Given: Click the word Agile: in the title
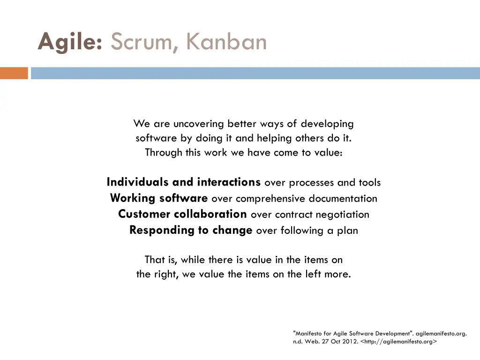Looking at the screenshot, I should pyautogui.click(x=70, y=42).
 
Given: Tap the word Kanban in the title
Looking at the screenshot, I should pyautogui.click(x=226, y=42).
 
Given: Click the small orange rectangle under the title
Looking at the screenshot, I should pyautogui.click(x=14, y=73).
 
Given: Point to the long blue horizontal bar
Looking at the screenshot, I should pyautogui.click(x=255, y=73).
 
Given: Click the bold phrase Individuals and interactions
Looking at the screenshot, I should pyautogui.click(x=183, y=182).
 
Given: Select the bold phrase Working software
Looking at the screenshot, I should pyautogui.click(x=159, y=198).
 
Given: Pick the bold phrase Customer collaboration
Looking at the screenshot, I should pyautogui.click(x=182, y=214).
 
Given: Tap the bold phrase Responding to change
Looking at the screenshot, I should pyautogui.click(x=191, y=230).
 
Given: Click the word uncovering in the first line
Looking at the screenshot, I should pyautogui.click(x=199, y=124).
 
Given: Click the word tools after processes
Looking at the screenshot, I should pyautogui.click(x=369, y=182).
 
